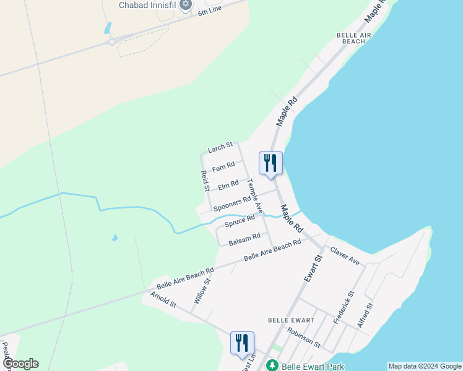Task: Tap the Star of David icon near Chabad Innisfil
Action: (x=184, y=5)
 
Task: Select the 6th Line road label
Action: (x=209, y=12)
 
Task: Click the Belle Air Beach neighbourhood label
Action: (x=354, y=38)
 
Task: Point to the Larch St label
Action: (x=220, y=148)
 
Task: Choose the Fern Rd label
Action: (x=223, y=166)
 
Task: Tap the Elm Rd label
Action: (x=228, y=184)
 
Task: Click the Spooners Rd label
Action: (x=232, y=200)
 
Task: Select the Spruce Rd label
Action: (x=240, y=220)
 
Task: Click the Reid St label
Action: (x=205, y=181)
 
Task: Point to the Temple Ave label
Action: (x=255, y=196)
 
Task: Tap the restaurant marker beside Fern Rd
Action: (x=270, y=163)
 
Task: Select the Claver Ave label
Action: (x=345, y=257)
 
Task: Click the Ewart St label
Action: (x=314, y=268)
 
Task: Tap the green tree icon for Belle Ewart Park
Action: (x=271, y=365)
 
